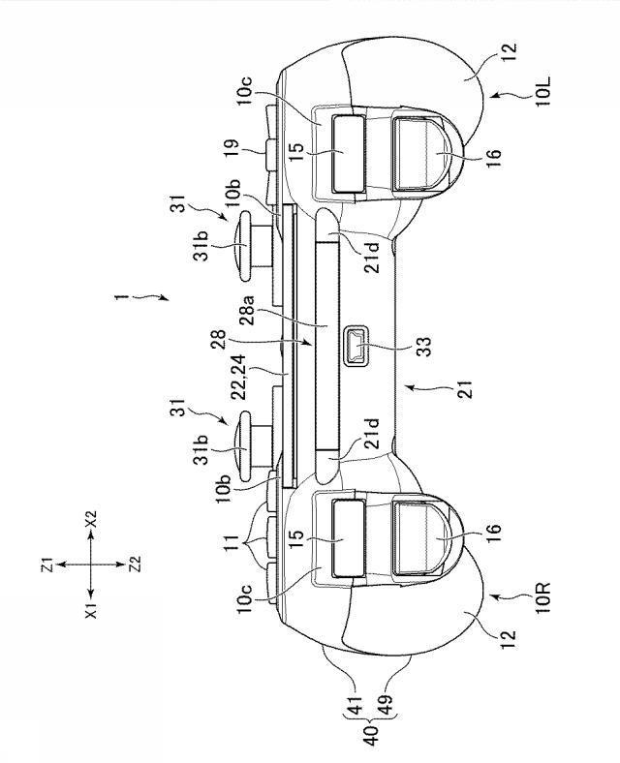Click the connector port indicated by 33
(356, 346)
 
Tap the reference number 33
(424, 347)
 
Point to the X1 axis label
(91, 609)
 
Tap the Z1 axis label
(47, 565)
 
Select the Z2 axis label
(135, 565)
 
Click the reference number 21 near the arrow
(466, 389)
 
